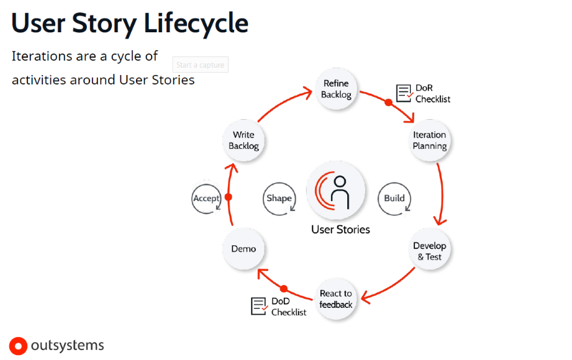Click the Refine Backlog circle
pos(336,89)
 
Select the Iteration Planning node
pos(429,140)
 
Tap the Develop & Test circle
pos(429,251)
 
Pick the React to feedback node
pos(336,299)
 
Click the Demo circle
pos(243,249)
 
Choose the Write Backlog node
pos(243,140)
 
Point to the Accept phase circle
pos(207,199)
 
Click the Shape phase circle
pos(279,199)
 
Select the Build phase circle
pos(394,199)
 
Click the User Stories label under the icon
pos(340,230)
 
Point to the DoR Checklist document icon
pos(405,93)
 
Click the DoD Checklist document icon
pos(259,305)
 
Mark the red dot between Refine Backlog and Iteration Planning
pos(389,102)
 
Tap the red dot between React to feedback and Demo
pos(284,289)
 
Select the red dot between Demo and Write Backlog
pos(228,197)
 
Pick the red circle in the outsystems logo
pos(19,346)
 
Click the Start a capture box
pos(200,65)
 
